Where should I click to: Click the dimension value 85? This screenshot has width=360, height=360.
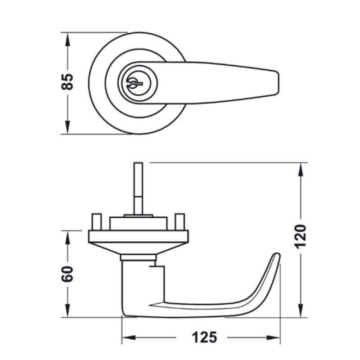point(67,82)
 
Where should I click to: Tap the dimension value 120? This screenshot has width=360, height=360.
point(300,237)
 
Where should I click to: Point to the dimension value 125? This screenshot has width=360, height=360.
point(204,337)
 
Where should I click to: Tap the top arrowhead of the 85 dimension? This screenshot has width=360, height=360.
point(67,40)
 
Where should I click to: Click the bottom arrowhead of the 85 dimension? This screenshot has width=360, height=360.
point(67,127)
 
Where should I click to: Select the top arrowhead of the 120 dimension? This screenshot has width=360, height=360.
point(301,170)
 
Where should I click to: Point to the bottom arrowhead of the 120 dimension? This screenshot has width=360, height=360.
point(301,310)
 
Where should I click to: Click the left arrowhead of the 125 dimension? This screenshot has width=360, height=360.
point(129,337)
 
